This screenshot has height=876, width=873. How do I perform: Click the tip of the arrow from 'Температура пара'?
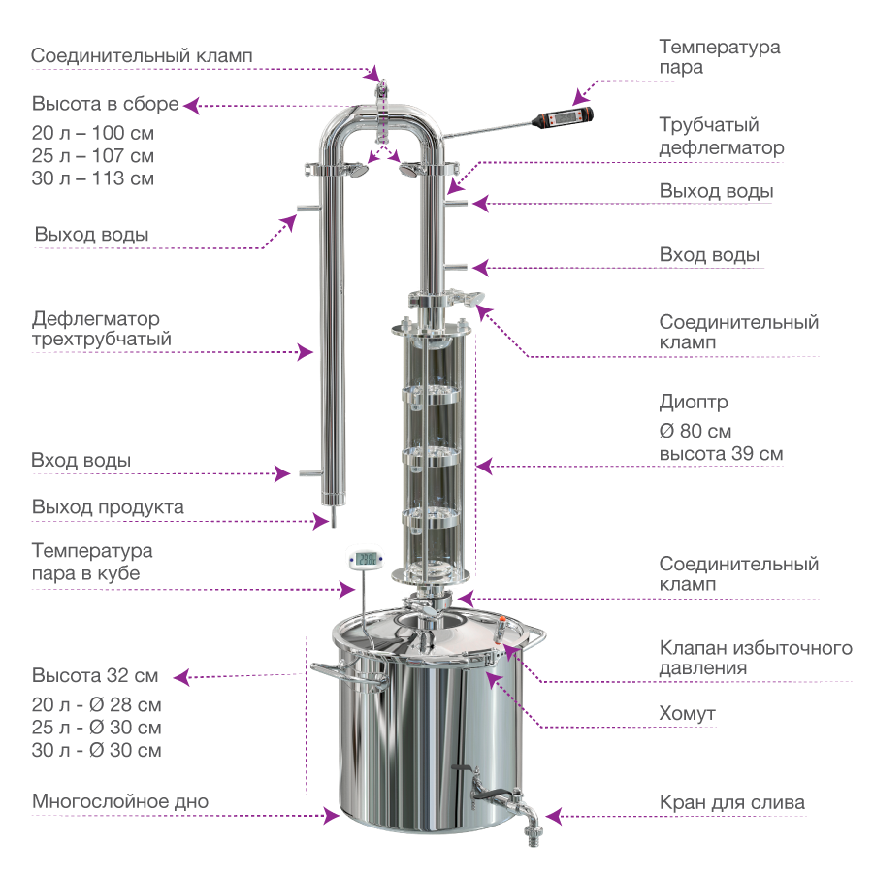point(574,105)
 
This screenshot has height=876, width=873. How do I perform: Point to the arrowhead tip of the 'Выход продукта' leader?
point(329,521)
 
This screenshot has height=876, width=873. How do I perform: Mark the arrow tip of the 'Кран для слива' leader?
point(546,816)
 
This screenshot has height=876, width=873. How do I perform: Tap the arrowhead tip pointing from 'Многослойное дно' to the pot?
point(339,816)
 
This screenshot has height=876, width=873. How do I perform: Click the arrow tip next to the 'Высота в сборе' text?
point(183,105)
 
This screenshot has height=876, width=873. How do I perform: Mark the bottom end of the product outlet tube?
point(334,526)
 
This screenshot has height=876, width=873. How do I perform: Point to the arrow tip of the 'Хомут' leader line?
point(486,672)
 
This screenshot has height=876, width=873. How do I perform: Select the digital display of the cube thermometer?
point(366,558)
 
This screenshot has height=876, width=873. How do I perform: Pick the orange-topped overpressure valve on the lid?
point(501,629)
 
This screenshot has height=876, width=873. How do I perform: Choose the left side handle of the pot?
point(347,674)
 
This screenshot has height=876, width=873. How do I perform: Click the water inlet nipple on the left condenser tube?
point(310,473)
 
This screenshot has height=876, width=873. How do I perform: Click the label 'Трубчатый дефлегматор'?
point(721,136)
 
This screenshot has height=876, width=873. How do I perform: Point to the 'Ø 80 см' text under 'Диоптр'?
point(695,431)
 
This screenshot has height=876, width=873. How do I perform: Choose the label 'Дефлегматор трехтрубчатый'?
point(102,329)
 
